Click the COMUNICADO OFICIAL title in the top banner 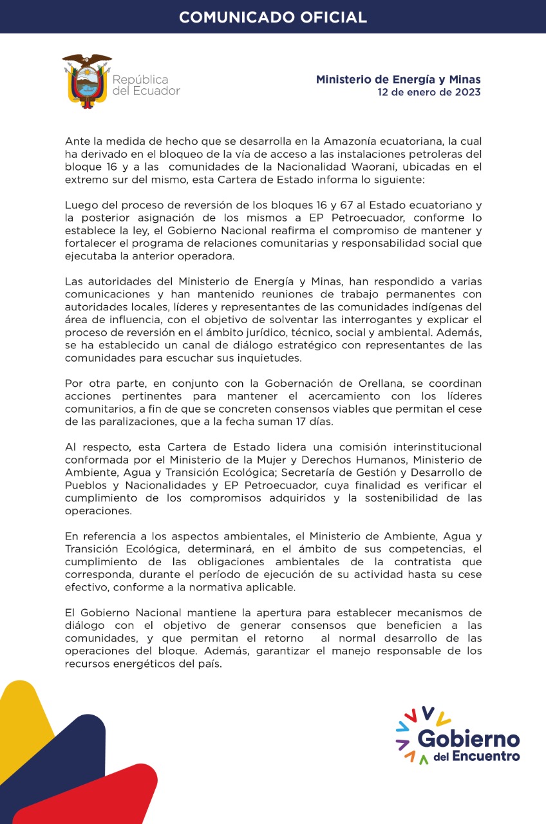pos(273,17)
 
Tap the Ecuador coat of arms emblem pos(86,82)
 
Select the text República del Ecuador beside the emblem pos(146,85)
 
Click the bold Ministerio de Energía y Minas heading pos(398,79)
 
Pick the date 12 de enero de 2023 pos(429,92)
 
